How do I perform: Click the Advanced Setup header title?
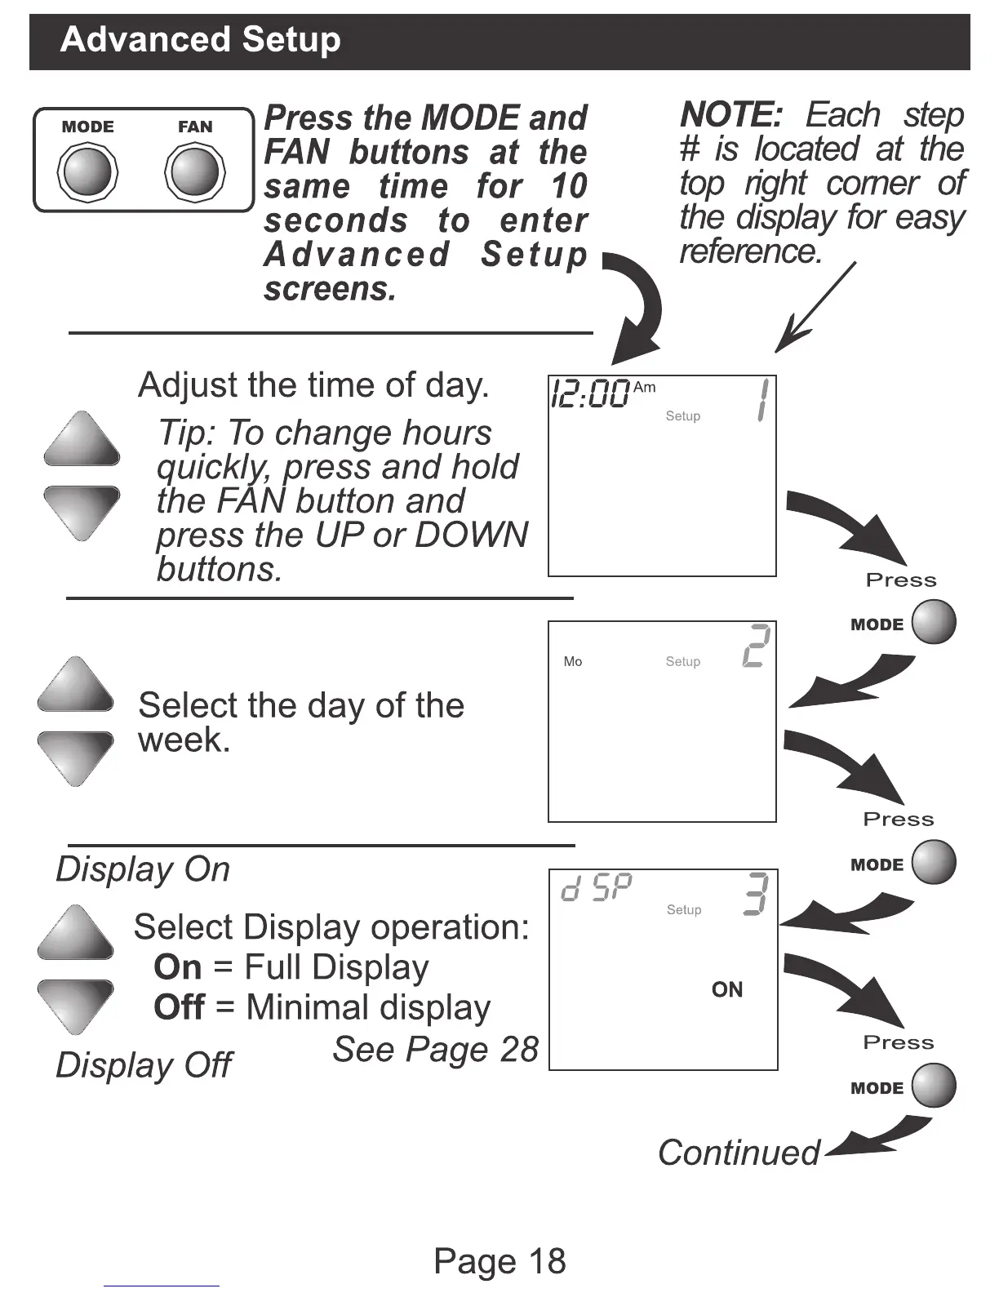(201, 40)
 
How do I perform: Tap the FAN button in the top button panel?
(195, 172)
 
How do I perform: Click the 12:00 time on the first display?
(590, 394)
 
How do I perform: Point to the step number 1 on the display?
(761, 400)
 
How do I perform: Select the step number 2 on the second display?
(757, 646)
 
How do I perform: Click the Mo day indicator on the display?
(573, 661)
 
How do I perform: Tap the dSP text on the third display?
(597, 888)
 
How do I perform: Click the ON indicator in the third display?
(726, 989)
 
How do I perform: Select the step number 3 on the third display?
(757, 894)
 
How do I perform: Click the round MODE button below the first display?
(934, 622)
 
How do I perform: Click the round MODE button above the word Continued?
(934, 1086)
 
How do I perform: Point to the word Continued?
(739, 1153)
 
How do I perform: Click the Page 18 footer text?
(499, 1260)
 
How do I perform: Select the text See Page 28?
(435, 1050)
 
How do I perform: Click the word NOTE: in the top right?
(731, 115)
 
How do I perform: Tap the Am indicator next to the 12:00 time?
(644, 387)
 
